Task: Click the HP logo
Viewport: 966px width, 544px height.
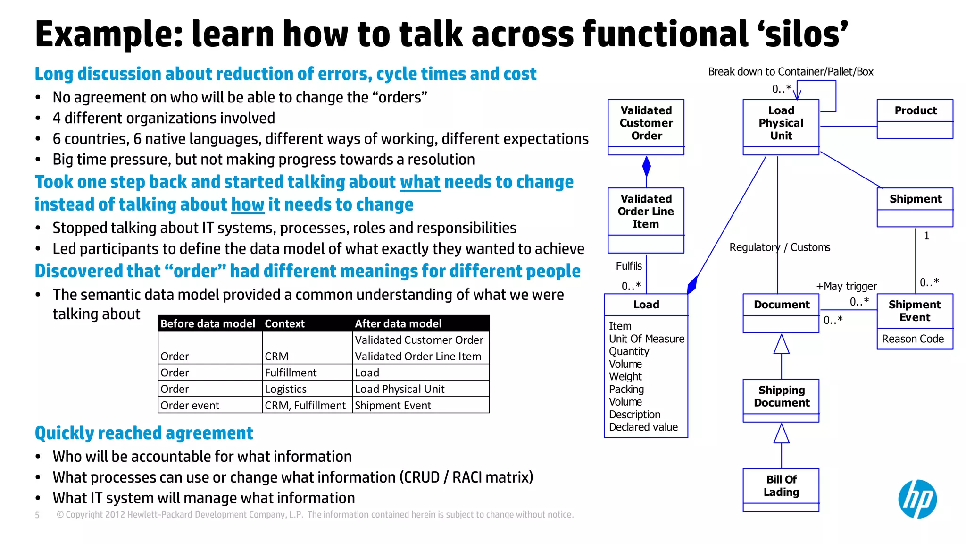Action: [x=917, y=499]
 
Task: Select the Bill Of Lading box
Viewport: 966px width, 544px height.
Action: [x=781, y=489]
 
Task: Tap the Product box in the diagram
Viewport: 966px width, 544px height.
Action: [x=915, y=119]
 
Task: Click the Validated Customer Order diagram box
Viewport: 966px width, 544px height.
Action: [x=646, y=126]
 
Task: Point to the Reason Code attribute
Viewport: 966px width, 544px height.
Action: [x=913, y=339]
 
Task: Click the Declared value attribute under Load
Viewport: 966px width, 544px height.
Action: [x=643, y=427]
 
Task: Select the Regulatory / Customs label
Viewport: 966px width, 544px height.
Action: [x=779, y=247]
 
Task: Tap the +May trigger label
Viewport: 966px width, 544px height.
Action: [x=846, y=286]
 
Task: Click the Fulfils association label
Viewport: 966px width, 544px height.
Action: [x=628, y=266]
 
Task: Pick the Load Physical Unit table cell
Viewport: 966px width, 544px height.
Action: [x=400, y=389]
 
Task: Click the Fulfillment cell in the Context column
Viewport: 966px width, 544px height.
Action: [x=291, y=373]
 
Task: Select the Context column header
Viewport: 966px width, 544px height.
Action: [x=284, y=323]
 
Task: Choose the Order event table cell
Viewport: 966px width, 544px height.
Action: [x=190, y=406]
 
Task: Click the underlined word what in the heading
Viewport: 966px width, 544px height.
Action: [x=420, y=182]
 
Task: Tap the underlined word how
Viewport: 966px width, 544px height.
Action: [x=247, y=205]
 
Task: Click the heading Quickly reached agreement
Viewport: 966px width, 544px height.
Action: [x=144, y=433]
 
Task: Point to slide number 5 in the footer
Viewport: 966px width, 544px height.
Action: [x=37, y=515]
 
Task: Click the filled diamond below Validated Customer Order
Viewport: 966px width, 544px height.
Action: [x=646, y=167]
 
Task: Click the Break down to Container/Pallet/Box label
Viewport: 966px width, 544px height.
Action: [x=790, y=72]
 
